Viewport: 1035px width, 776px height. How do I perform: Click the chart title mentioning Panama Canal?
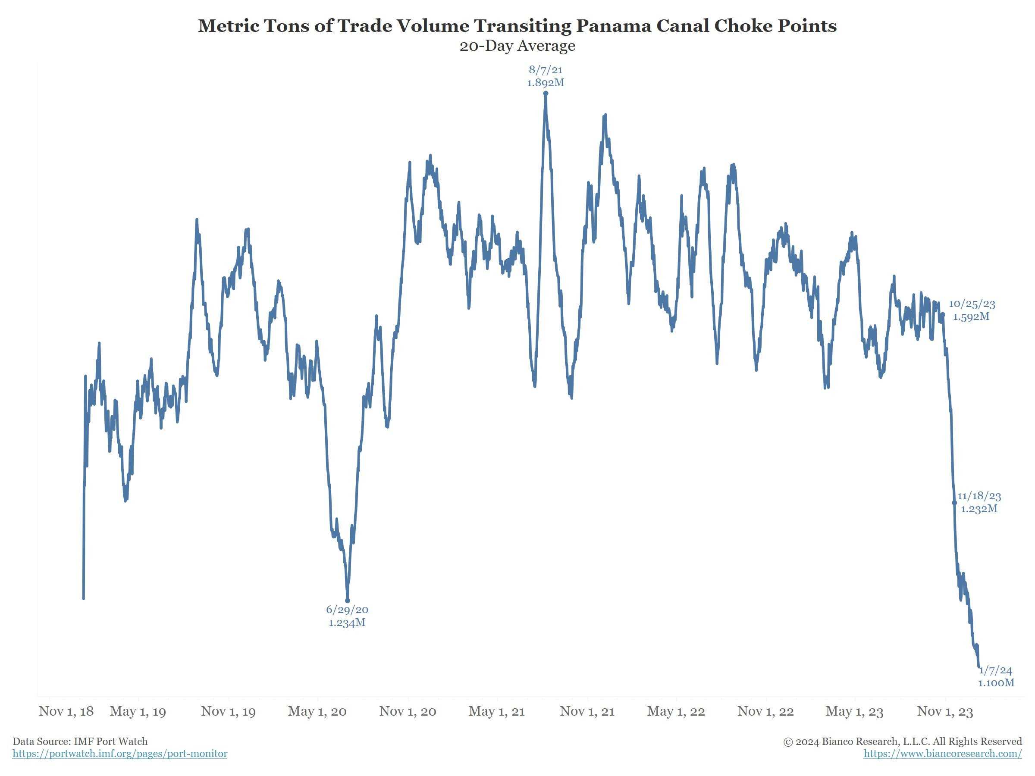point(517,26)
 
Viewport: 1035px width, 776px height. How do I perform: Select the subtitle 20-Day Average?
point(517,46)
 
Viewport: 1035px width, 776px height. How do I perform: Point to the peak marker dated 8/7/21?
point(546,94)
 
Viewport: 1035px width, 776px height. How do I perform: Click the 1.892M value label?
point(546,83)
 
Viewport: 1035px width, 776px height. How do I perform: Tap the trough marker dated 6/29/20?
point(347,601)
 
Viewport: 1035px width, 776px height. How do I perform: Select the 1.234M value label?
point(347,623)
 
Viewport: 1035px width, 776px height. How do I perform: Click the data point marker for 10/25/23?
point(943,315)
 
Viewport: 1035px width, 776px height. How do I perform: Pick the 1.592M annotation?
point(971,317)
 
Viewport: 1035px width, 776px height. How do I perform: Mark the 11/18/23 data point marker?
point(954,503)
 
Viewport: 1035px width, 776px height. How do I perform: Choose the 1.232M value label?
point(979,508)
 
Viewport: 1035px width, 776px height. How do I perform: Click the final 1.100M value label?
point(996,683)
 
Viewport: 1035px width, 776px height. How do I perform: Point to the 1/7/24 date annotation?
point(996,670)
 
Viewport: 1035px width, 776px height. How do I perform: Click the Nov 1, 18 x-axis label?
point(66,711)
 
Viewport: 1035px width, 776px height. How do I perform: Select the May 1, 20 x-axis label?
point(317,711)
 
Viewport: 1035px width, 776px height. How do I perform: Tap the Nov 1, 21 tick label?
point(587,711)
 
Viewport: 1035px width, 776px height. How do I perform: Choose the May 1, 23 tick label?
point(854,711)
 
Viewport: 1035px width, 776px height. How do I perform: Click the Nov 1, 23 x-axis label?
point(945,711)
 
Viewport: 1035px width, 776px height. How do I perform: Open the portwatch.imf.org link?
point(120,754)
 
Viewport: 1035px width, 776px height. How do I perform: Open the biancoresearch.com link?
point(942,754)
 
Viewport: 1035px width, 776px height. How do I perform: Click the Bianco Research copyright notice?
point(903,742)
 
